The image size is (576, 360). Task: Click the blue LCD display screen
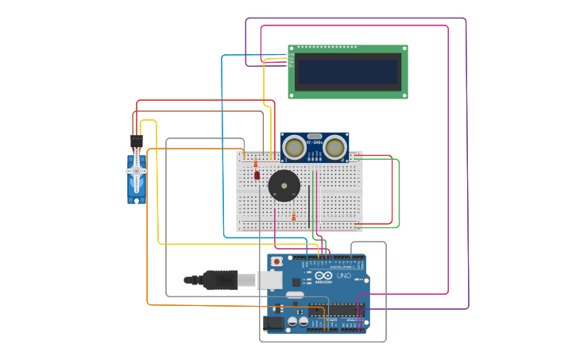coord(347,72)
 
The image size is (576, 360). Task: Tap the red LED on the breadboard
coord(257,175)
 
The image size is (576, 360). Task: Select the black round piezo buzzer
coord(284,186)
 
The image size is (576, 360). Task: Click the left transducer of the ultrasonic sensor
coord(294,147)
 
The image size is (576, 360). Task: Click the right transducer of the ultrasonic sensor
coord(334,147)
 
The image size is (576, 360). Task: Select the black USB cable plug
coord(220,280)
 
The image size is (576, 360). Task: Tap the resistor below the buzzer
coord(293,215)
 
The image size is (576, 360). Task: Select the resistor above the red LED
coord(255,162)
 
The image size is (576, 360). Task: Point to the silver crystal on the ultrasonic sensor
coord(315,137)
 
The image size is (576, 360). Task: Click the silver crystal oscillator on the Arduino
coord(295,295)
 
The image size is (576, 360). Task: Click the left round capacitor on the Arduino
coord(292,322)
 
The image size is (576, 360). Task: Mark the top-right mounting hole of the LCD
coord(404,48)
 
